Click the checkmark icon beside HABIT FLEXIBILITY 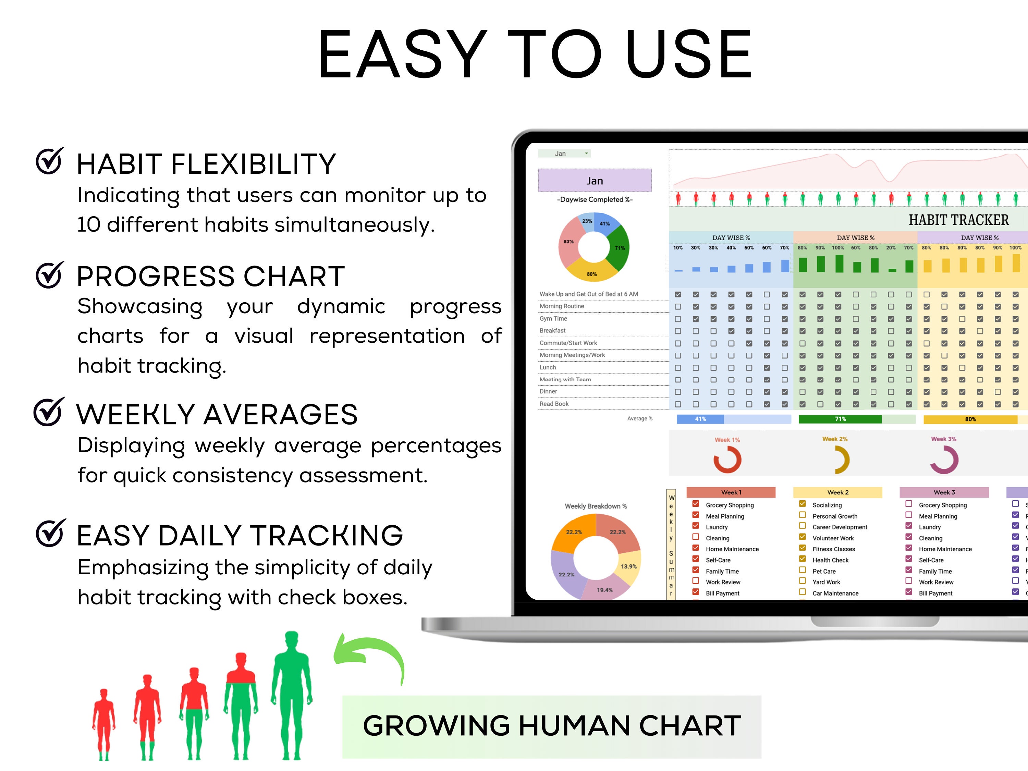click(49, 161)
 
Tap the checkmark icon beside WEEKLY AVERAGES click(48, 412)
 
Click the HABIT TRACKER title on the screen click(958, 220)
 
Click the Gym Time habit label click(553, 319)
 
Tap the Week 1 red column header click(731, 492)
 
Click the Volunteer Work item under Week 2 click(833, 538)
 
